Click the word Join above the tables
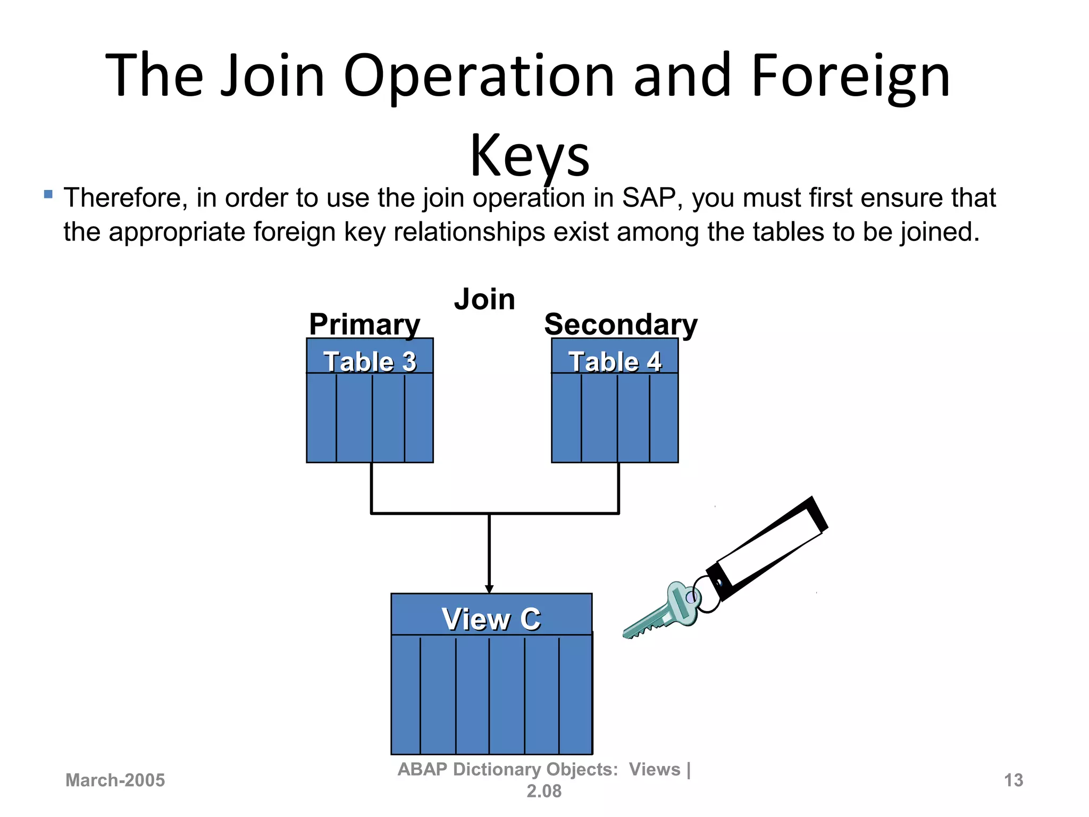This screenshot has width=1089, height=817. [x=484, y=299]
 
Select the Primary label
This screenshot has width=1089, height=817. [x=364, y=324]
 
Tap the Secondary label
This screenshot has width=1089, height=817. [x=621, y=324]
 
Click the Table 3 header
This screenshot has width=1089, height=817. [x=370, y=361]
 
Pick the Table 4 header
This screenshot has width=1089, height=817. [x=615, y=361]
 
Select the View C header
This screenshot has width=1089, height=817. [x=491, y=619]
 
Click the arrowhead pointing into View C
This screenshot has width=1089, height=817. [x=489, y=589]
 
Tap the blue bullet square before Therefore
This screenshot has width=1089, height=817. [x=48, y=195]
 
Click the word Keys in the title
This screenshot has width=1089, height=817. [x=530, y=155]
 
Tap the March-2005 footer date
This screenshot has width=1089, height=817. [x=115, y=780]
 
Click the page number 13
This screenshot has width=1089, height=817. [x=1013, y=780]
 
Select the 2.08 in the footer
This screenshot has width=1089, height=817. [x=543, y=791]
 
